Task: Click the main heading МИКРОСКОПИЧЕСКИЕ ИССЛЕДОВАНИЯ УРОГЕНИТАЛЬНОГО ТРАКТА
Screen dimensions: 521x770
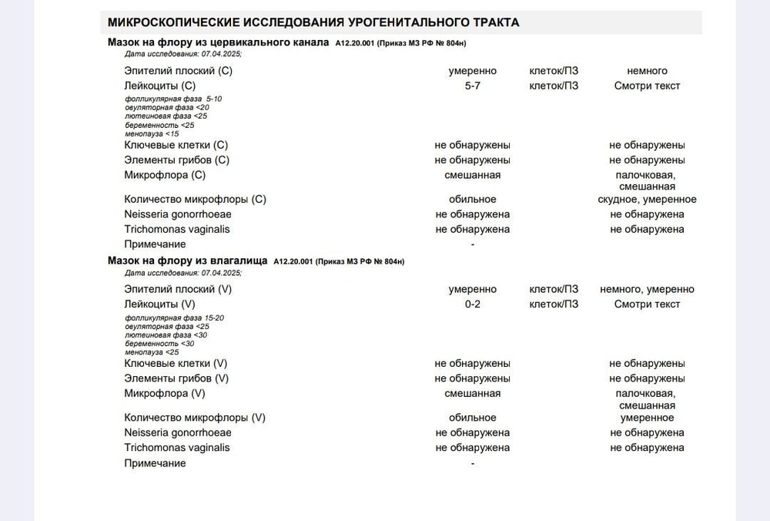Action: (x=313, y=22)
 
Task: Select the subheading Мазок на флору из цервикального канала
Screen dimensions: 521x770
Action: (x=218, y=42)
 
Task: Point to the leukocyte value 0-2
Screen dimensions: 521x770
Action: (x=473, y=304)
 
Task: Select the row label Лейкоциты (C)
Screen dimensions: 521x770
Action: (x=160, y=86)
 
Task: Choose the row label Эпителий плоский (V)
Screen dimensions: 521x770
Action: (x=178, y=289)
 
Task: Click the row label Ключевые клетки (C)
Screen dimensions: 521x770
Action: (x=176, y=145)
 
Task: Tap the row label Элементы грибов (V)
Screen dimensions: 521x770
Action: (x=176, y=378)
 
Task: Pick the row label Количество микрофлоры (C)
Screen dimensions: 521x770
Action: (x=195, y=199)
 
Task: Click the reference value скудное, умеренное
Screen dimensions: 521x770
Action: (x=647, y=200)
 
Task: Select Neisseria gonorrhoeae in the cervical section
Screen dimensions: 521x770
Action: (x=178, y=214)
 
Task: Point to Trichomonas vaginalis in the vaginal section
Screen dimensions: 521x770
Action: (x=177, y=448)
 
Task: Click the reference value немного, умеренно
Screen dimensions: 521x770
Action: (x=647, y=290)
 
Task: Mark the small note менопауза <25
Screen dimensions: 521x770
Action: (x=152, y=352)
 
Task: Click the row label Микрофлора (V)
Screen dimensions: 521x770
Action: (x=165, y=394)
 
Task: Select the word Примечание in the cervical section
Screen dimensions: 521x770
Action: (x=155, y=244)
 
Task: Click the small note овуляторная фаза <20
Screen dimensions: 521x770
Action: (x=166, y=108)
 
